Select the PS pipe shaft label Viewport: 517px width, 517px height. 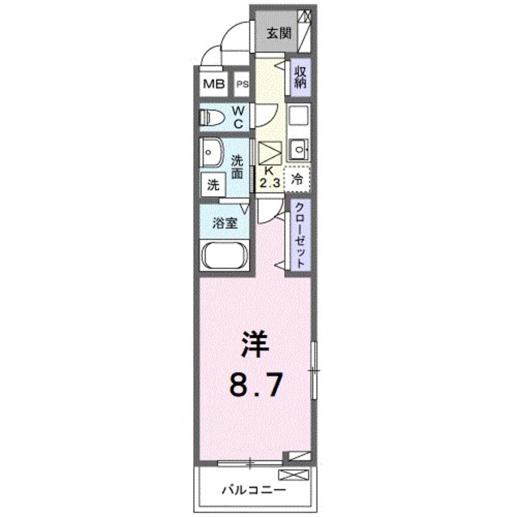[x=243, y=84]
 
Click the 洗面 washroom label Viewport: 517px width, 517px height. [x=238, y=167]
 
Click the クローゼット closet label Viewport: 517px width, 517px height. [x=300, y=236]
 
